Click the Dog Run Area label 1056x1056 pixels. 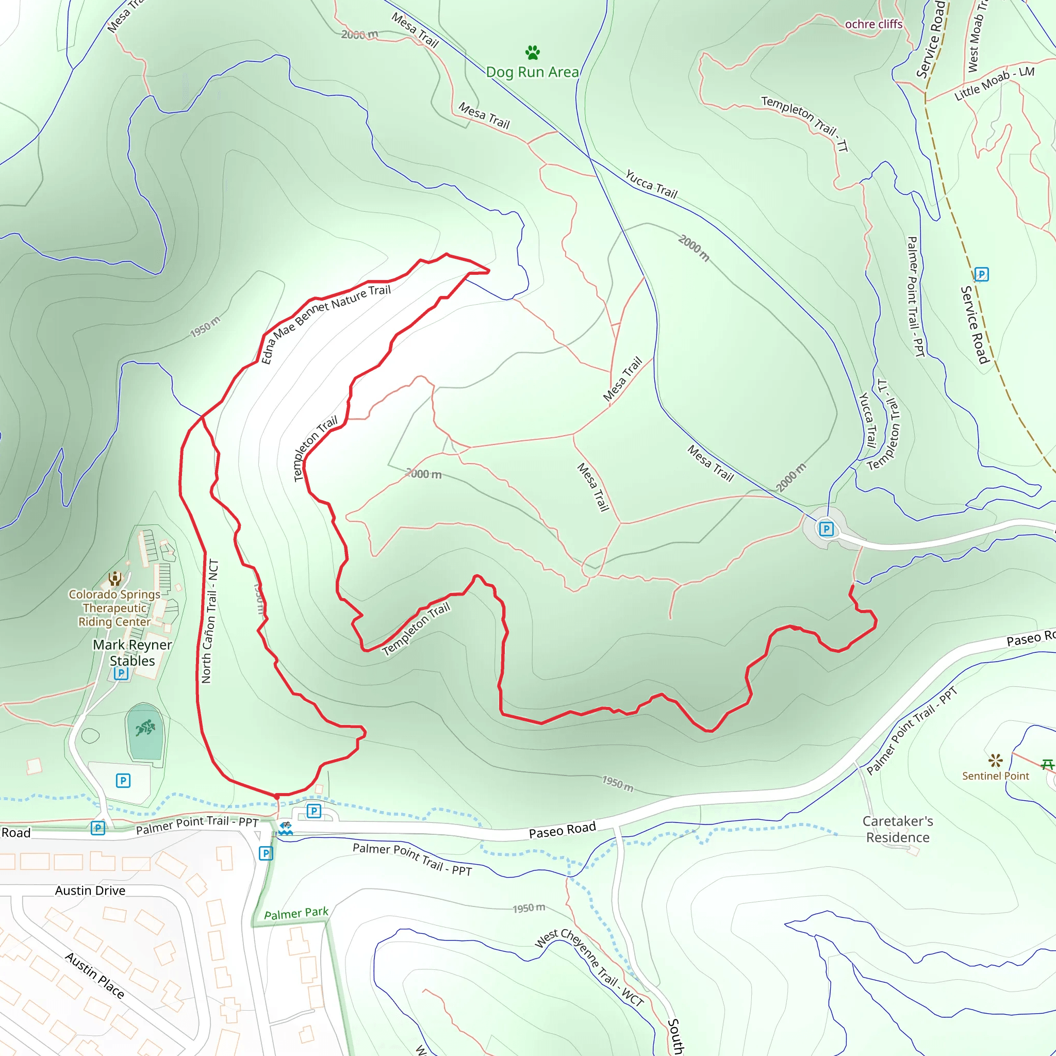[532, 72]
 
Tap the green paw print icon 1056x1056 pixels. [532, 53]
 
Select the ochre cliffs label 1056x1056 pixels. [873, 24]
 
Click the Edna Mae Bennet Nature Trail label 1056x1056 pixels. [326, 324]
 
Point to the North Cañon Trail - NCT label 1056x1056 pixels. [210, 621]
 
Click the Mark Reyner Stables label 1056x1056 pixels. [133, 653]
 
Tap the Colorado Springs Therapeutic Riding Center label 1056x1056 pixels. [114, 608]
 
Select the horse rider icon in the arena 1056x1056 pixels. [145, 728]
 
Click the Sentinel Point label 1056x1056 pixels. [995, 776]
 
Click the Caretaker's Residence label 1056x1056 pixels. [898, 829]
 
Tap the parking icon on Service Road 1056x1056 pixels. [982, 274]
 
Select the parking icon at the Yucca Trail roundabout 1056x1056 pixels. [827, 529]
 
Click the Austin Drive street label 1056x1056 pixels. [90, 891]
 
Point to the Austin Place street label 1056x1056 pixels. [94, 975]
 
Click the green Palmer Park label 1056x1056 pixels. [296, 913]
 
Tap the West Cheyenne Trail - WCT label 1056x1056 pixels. [589, 967]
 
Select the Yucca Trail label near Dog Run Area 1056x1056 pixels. [651, 185]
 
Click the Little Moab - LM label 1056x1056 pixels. [994, 84]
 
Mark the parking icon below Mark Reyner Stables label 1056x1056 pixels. [121, 673]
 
